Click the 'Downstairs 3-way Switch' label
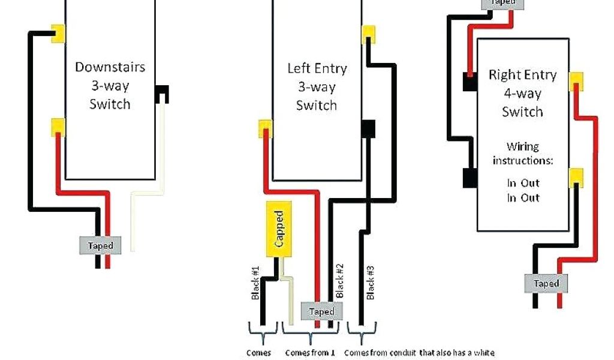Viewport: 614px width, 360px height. click(x=110, y=85)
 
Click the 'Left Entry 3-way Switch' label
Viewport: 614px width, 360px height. click(x=317, y=86)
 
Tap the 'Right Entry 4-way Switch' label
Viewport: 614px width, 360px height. click(x=522, y=93)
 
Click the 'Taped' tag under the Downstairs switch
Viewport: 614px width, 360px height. click(x=100, y=245)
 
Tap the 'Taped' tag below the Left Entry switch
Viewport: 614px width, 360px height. click(x=321, y=311)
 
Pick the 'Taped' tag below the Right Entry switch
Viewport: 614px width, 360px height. click(x=546, y=283)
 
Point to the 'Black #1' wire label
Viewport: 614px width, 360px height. click(x=255, y=281)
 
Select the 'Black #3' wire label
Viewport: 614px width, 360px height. click(x=371, y=281)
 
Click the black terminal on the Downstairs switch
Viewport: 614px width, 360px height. click(x=162, y=94)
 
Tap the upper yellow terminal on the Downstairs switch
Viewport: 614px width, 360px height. click(x=58, y=32)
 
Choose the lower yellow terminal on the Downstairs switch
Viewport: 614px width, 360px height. click(x=58, y=126)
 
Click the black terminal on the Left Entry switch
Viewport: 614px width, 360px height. click(x=368, y=128)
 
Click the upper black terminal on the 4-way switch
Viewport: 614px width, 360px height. click(x=469, y=82)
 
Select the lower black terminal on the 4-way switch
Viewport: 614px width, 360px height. click(x=469, y=177)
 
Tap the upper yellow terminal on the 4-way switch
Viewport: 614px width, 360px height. click(x=576, y=80)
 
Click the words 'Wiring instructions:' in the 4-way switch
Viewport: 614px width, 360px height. click(x=522, y=154)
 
